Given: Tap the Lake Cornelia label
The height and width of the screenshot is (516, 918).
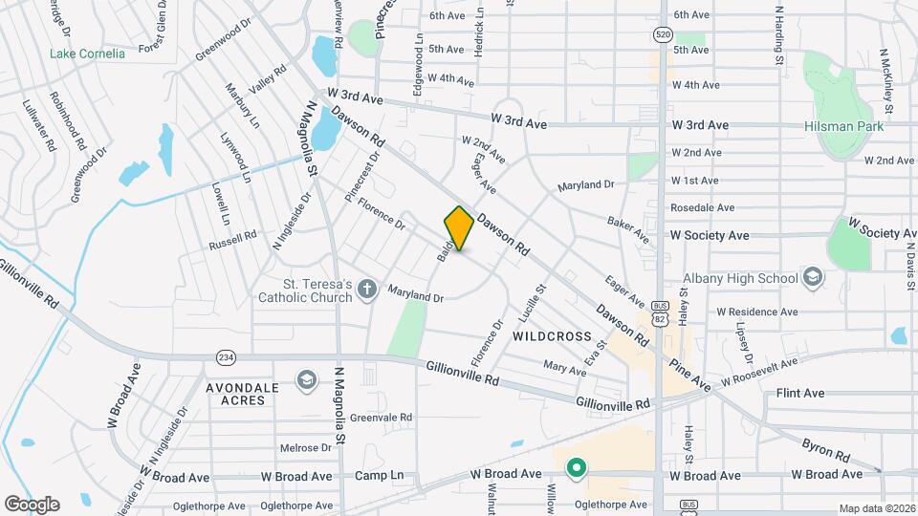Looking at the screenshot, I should pos(87,54).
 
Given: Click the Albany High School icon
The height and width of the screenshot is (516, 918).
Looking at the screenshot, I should pos(813,278).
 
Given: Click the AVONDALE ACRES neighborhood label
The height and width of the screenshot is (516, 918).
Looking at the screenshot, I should pos(242,395).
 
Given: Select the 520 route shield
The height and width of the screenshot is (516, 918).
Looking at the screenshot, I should pos(663,33).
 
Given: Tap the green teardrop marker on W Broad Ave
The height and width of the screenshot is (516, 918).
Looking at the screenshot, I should pos(575,468).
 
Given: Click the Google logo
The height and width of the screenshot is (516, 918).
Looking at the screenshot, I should pos(32,504).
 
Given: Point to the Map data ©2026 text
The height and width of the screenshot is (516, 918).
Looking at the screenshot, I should pos(876,508).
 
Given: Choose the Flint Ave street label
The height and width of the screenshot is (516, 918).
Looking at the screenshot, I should pos(799,393).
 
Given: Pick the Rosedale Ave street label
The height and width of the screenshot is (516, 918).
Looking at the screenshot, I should pos(702,207).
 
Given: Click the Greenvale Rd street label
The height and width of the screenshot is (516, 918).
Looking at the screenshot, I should pos(381,418).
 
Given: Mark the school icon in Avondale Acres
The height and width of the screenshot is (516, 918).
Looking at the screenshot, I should pos(306,380).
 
